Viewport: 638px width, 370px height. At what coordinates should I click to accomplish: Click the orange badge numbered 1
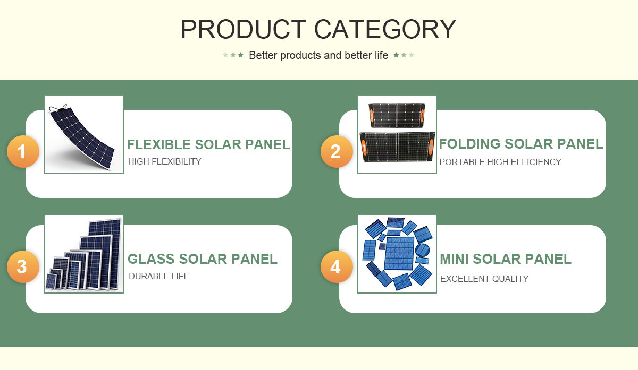pyautogui.click(x=23, y=151)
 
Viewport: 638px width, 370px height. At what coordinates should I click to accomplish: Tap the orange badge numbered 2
pyautogui.click(x=337, y=151)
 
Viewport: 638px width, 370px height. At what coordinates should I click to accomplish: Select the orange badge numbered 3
pyautogui.click(x=23, y=267)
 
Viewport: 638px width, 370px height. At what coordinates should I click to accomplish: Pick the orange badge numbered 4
pyautogui.click(x=337, y=267)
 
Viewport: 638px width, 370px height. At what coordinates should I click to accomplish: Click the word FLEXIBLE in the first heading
pyautogui.click(x=158, y=144)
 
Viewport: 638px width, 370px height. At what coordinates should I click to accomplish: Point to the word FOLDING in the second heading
pyautogui.click(x=469, y=144)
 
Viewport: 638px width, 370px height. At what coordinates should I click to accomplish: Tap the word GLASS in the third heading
pyautogui.click(x=151, y=259)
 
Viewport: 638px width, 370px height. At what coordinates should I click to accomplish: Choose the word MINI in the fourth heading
pyautogui.click(x=454, y=259)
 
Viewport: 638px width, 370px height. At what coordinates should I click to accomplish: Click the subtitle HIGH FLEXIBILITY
pyautogui.click(x=165, y=161)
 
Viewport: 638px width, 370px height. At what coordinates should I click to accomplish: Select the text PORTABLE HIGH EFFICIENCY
pyautogui.click(x=500, y=162)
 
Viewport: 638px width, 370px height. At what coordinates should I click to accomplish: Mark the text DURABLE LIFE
pyautogui.click(x=159, y=276)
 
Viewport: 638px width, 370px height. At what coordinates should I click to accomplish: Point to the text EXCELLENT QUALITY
pyautogui.click(x=484, y=279)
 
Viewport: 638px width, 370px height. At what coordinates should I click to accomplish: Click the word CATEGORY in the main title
pyautogui.click(x=385, y=29)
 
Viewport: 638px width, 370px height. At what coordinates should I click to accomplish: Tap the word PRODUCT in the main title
pyautogui.click(x=244, y=29)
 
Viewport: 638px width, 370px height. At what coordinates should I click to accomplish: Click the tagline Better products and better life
pyautogui.click(x=318, y=55)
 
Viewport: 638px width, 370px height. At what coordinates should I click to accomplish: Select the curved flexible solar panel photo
pyautogui.click(x=82, y=138)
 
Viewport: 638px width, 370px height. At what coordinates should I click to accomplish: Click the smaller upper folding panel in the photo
pyautogui.click(x=397, y=115)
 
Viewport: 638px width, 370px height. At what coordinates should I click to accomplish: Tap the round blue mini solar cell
pyautogui.click(x=422, y=250)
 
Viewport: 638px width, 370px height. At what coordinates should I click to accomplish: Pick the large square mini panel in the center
pyautogui.click(x=399, y=253)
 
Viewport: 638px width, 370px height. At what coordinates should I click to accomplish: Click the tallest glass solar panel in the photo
pyautogui.click(x=105, y=254)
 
